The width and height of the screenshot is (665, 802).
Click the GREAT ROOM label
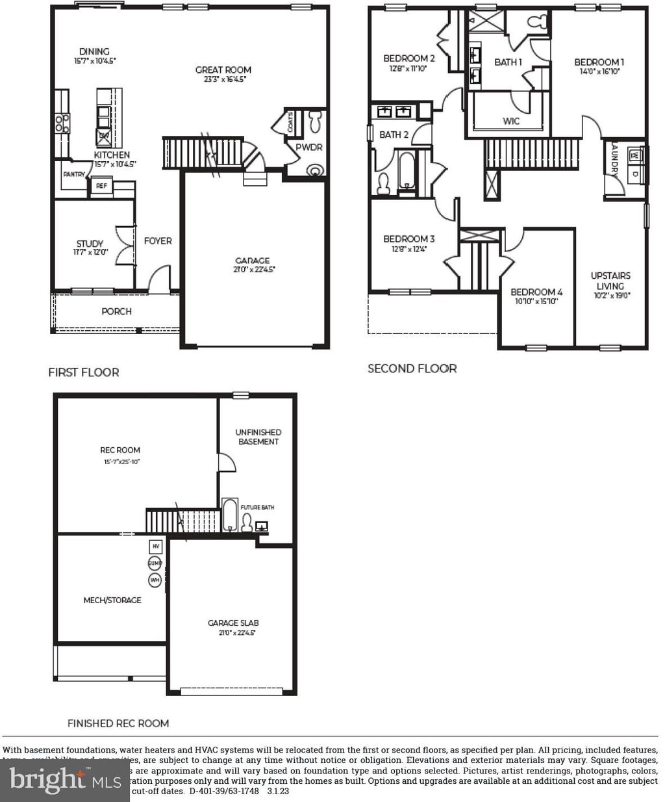tap(223, 70)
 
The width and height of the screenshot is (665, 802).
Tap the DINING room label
tap(94, 51)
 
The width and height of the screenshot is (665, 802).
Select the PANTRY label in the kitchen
tap(74, 174)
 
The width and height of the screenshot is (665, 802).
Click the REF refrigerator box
tap(101, 186)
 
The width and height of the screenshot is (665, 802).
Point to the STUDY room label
tap(90, 244)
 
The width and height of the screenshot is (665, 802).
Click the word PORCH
tap(116, 311)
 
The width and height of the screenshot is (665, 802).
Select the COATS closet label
tap(290, 123)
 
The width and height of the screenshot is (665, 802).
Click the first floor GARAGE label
tap(252, 261)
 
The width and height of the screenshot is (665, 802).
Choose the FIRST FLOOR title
tap(83, 372)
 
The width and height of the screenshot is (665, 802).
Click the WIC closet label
tap(511, 121)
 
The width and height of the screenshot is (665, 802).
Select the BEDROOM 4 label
tap(536, 292)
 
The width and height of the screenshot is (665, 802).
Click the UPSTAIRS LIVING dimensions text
tap(610, 295)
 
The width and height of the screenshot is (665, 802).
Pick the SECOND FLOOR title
tap(412, 369)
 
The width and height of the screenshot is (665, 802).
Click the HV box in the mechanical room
tap(155, 547)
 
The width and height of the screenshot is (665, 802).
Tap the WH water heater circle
tap(155, 579)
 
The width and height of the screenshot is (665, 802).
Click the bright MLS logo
tap(65, 780)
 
